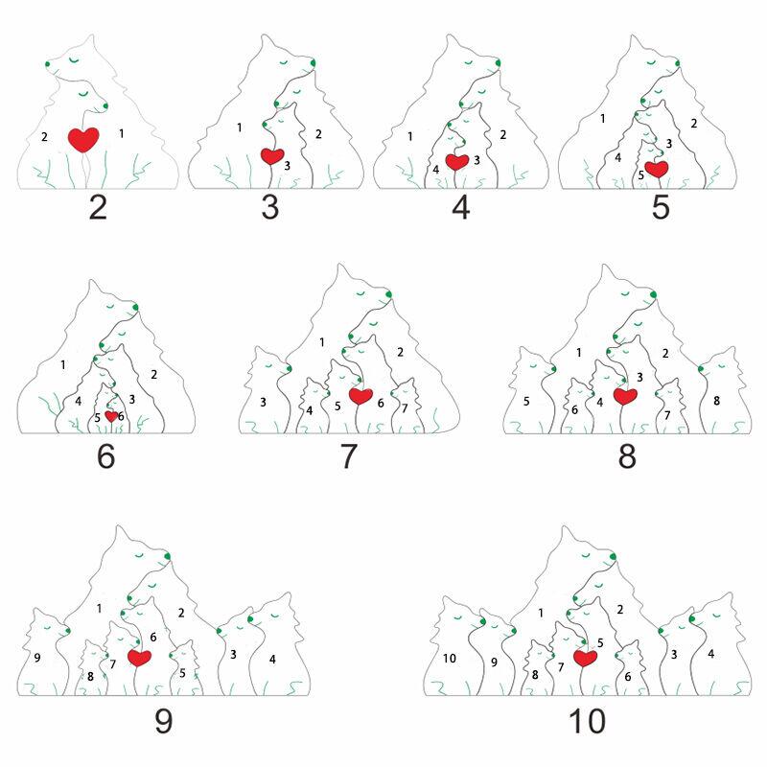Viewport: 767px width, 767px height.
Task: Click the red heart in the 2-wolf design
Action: click(x=83, y=139)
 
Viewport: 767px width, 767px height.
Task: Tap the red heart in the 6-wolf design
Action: click(x=111, y=416)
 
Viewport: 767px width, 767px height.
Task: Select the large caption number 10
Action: click(x=587, y=721)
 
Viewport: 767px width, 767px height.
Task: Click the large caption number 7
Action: click(x=348, y=456)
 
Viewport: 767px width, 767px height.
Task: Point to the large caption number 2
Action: click(x=98, y=207)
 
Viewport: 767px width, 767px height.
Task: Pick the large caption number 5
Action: click(x=661, y=207)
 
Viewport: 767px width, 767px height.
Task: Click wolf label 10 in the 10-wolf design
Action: click(x=449, y=659)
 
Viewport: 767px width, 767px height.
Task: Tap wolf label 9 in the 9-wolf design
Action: click(x=37, y=658)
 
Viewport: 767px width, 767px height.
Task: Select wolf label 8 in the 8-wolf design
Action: click(x=716, y=401)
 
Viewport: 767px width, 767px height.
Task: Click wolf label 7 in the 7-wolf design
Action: click(x=405, y=408)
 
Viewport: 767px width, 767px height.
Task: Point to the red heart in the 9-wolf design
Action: click(x=139, y=658)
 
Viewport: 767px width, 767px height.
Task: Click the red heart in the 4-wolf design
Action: click(x=457, y=161)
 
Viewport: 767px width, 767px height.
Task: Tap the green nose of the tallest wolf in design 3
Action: click(x=314, y=62)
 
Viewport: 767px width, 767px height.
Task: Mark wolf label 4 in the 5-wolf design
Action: click(x=617, y=157)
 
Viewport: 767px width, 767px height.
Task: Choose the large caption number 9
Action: click(x=163, y=721)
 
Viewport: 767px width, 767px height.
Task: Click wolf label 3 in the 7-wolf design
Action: click(x=263, y=402)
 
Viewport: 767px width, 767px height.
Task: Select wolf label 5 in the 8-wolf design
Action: click(x=526, y=401)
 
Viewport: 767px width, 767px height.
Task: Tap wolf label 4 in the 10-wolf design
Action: click(x=710, y=654)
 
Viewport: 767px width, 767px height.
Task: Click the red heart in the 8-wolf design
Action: click(x=625, y=396)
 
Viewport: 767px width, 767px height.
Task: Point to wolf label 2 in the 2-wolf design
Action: click(x=44, y=136)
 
